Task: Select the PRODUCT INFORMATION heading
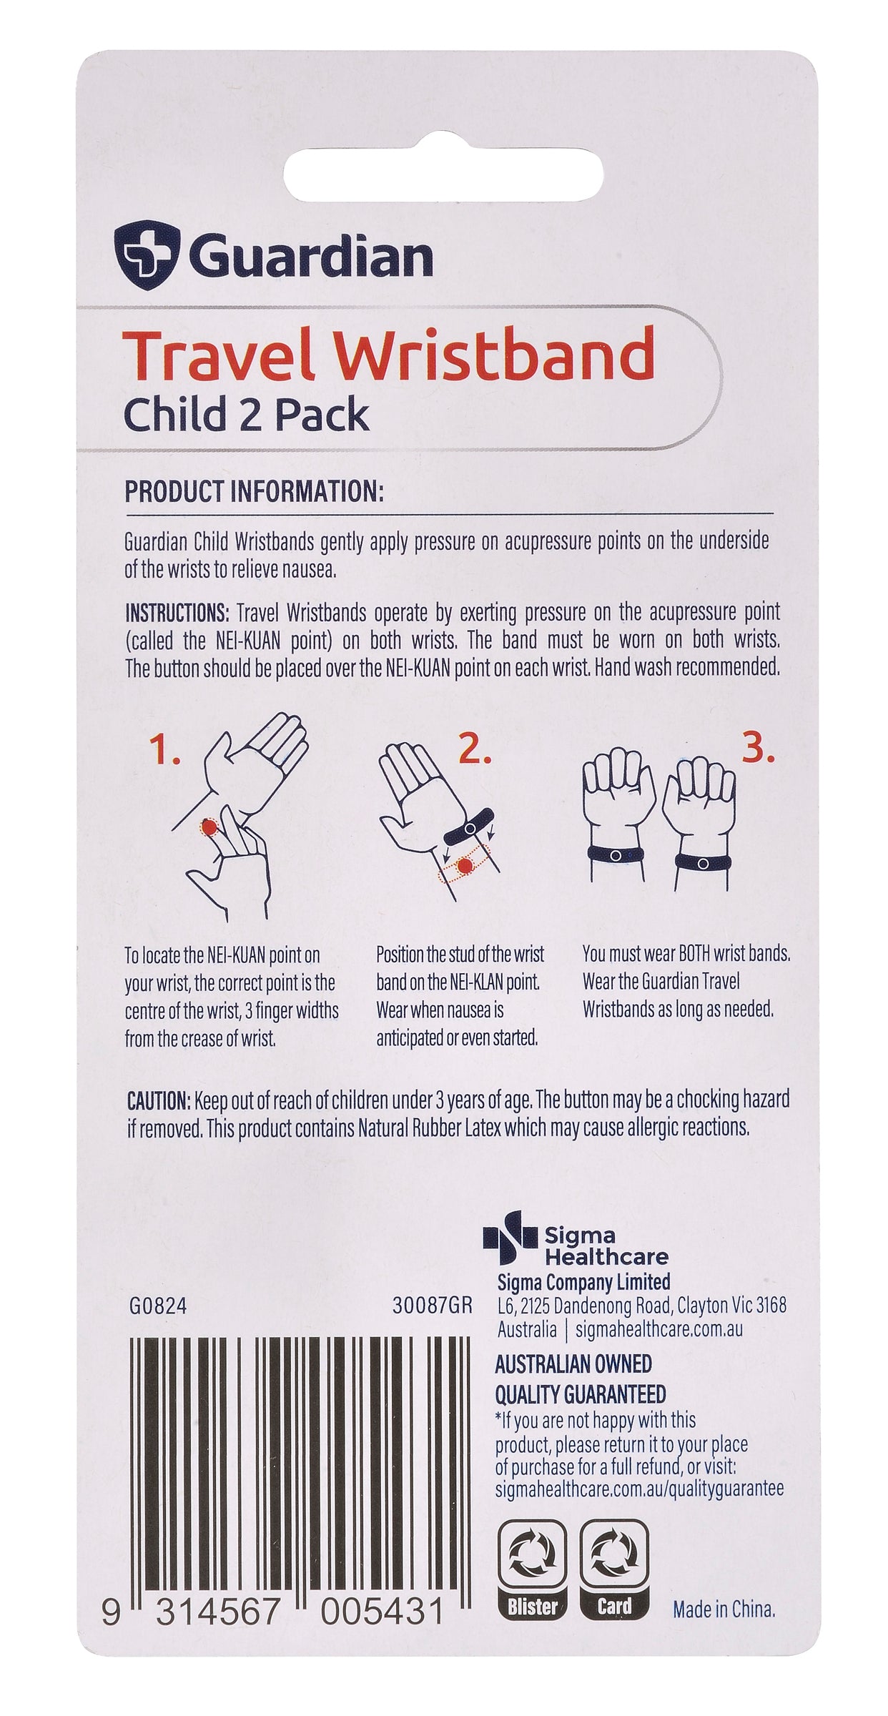coord(255,493)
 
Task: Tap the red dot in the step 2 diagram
coord(466,867)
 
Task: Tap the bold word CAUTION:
coord(159,1099)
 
